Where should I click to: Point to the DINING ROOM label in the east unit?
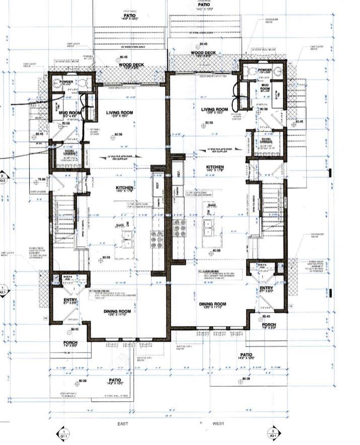click(117, 312)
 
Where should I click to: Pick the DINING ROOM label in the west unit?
click(212, 304)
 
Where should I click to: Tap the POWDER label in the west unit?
click(264, 70)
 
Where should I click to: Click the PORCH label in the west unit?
click(267, 324)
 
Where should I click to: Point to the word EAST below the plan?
click(123, 424)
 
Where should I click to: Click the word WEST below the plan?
click(218, 424)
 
